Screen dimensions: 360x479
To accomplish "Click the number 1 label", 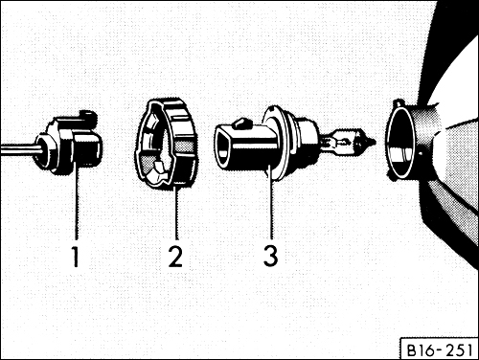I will click(75, 257).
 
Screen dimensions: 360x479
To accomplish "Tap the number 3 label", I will click(272, 257).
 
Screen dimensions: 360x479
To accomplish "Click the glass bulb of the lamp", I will click(339, 144).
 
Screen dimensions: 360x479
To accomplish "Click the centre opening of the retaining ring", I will click(162, 153).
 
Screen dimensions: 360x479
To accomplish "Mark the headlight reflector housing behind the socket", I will click(450, 144).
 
